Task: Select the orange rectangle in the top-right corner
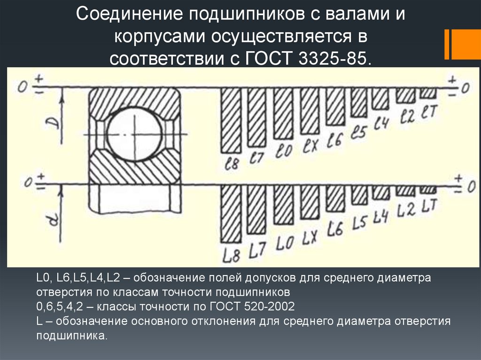click(x=463, y=45)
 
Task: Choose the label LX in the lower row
click(x=308, y=239)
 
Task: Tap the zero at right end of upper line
click(x=465, y=88)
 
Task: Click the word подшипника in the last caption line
click(x=71, y=336)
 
